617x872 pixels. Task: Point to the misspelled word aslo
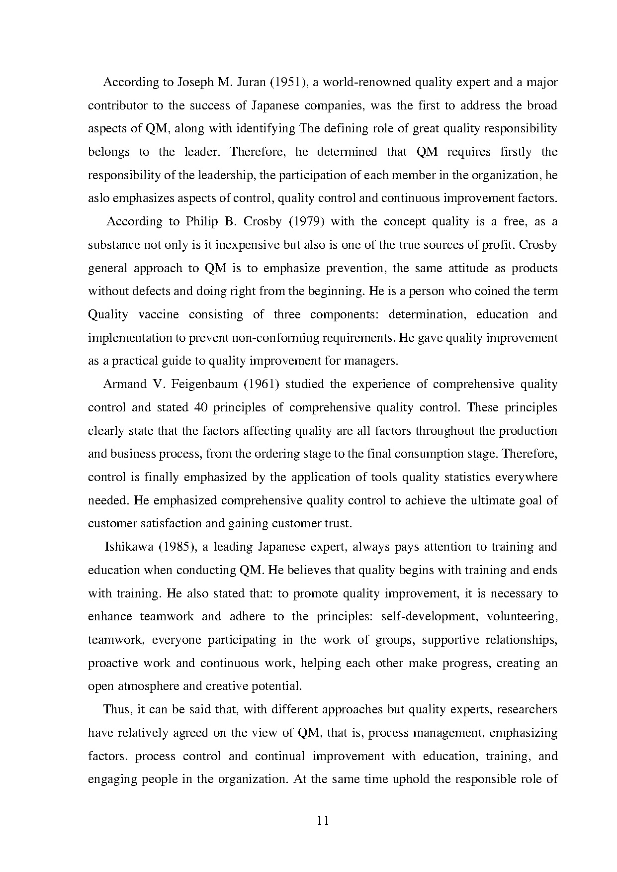(98, 198)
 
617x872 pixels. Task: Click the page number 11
(323, 821)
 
